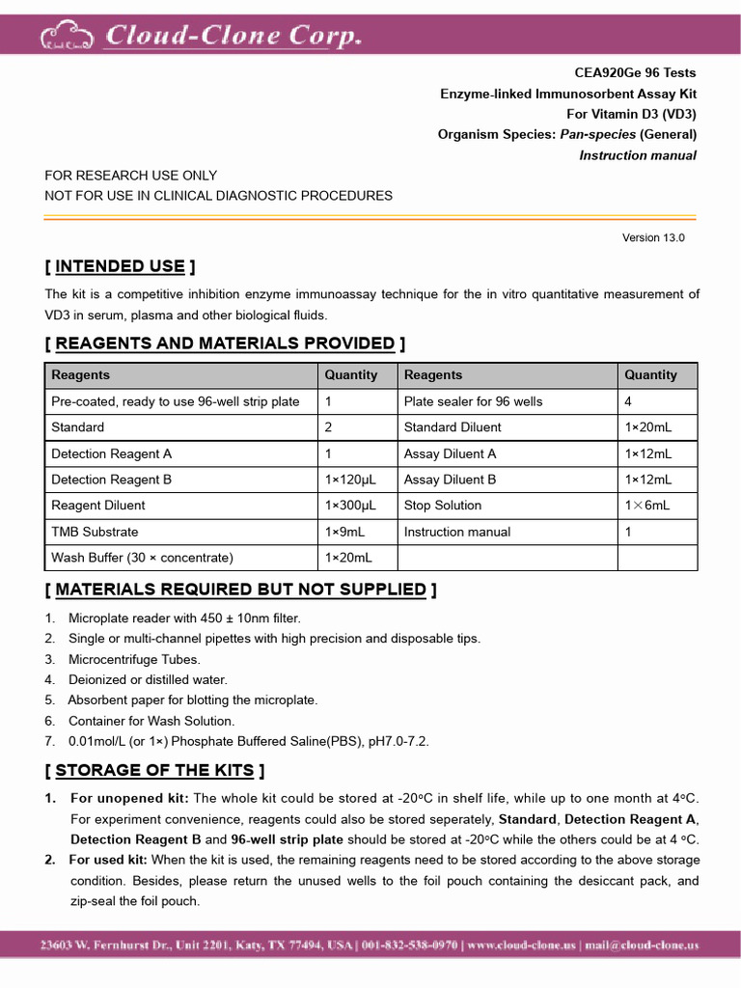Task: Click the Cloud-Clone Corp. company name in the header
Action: pyautogui.click(x=233, y=36)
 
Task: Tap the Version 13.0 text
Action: pyautogui.click(x=653, y=237)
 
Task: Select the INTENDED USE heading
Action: pyautogui.click(x=120, y=266)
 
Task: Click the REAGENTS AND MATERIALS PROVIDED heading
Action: pyautogui.click(x=225, y=343)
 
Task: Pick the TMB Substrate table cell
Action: pyautogui.click(x=95, y=532)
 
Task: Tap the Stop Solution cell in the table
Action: pyautogui.click(x=443, y=506)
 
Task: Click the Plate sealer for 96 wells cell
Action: pyautogui.click(x=473, y=401)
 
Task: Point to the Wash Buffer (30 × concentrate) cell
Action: pyautogui.click(x=142, y=558)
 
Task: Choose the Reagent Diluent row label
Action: pyautogui.click(x=98, y=506)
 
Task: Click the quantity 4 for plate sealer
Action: pyautogui.click(x=628, y=401)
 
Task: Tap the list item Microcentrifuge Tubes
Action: pyautogui.click(x=134, y=659)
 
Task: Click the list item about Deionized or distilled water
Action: pyautogui.click(x=148, y=679)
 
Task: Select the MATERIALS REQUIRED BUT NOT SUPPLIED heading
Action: pyautogui.click(x=240, y=590)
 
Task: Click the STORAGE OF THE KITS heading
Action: pyautogui.click(x=154, y=770)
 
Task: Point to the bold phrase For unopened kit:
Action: pyautogui.click(x=129, y=798)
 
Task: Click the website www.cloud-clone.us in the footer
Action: pyautogui.click(x=522, y=946)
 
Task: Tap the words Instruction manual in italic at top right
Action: pyautogui.click(x=637, y=155)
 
